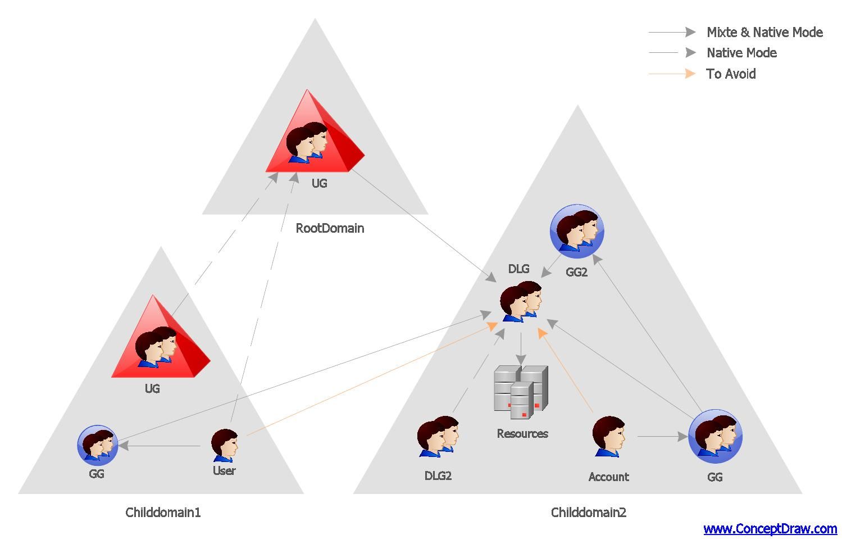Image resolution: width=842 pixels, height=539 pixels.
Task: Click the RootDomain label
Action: pyautogui.click(x=330, y=228)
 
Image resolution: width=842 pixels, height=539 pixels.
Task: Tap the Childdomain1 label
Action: pyautogui.click(x=163, y=512)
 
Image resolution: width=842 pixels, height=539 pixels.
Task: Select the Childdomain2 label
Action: pyautogui.click(x=588, y=512)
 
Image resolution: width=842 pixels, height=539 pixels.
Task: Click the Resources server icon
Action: pyautogui.click(x=521, y=392)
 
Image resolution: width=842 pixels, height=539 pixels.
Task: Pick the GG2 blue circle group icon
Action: pyautogui.click(x=577, y=231)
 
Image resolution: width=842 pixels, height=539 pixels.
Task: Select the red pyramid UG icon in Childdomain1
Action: pyautogui.click(x=161, y=336)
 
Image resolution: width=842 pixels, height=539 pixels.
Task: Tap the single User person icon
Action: pyautogui.click(x=225, y=445)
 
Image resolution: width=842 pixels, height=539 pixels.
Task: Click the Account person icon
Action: pyautogui.click(x=608, y=436)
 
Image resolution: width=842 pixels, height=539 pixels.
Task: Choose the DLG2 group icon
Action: pyautogui.click(x=438, y=436)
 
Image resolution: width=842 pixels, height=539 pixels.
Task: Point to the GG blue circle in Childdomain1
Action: pyautogui.click(x=97, y=445)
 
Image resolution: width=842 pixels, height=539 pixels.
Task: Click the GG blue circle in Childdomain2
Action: pyautogui.click(x=715, y=436)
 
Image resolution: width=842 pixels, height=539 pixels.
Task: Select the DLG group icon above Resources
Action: pyautogui.click(x=521, y=302)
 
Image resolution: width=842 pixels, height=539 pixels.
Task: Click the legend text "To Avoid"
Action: pyautogui.click(x=731, y=74)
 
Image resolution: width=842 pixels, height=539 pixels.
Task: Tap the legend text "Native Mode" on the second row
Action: pyautogui.click(x=741, y=53)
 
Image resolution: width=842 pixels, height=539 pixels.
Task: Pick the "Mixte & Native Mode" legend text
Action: pyautogui.click(x=764, y=32)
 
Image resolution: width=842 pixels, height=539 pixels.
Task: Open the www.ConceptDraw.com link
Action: pyautogui.click(x=770, y=528)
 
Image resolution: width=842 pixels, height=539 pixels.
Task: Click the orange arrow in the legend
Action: pyautogui.click(x=672, y=74)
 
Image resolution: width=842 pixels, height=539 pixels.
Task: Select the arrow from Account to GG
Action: pyautogui.click(x=663, y=436)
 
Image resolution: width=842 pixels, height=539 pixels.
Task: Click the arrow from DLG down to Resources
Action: pyautogui.click(x=521, y=348)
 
